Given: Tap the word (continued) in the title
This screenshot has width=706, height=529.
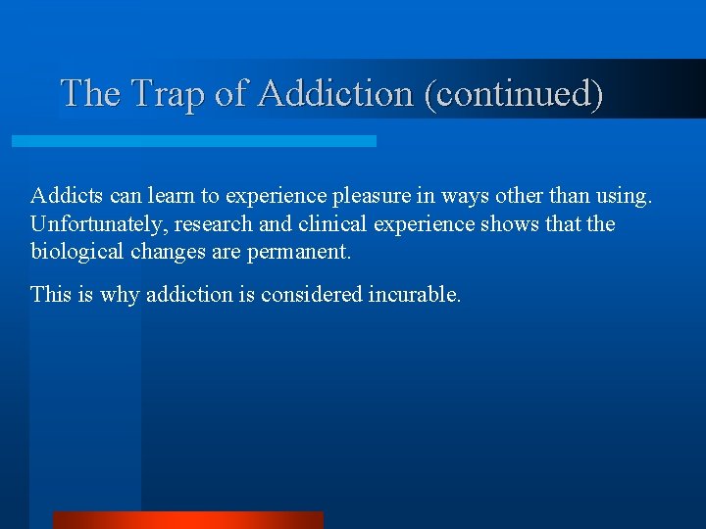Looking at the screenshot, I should [513, 94].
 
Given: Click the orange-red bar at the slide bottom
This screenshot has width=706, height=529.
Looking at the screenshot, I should [187, 520].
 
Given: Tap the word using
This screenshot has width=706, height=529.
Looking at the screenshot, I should [624, 196].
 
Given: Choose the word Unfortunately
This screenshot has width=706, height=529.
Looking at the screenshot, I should [96, 224].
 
